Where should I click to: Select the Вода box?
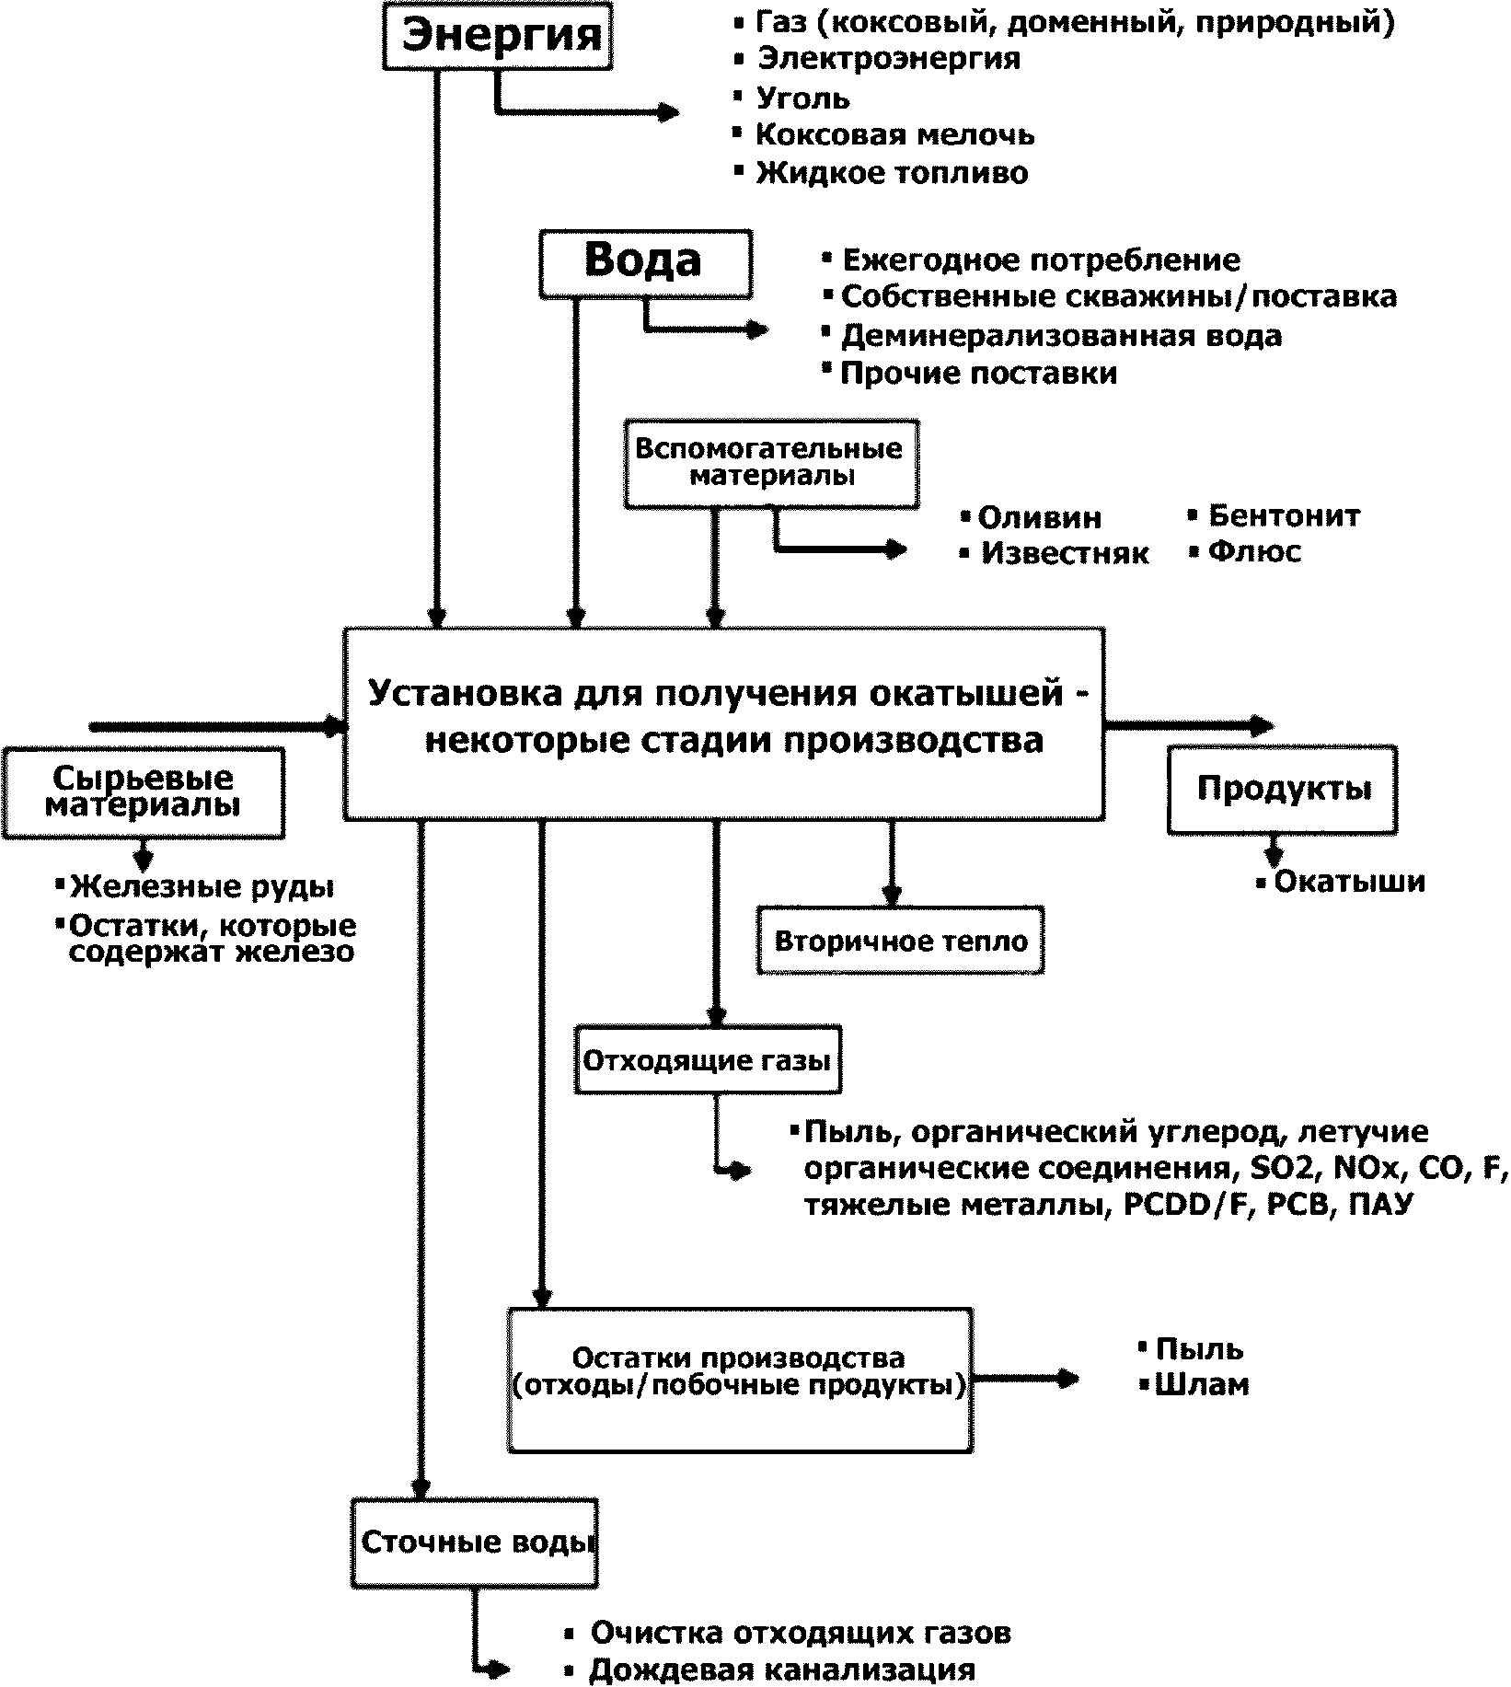click(x=644, y=263)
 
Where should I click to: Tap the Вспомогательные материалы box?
click(x=771, y=463)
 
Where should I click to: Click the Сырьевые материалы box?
click(x=143, y=792)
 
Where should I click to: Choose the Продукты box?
click(x=1283, y=789)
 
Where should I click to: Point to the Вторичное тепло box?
click(x=900, y=941)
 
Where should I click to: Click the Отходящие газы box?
click(x=707, y=1060)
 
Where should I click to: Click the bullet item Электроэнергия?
click(x=888, y=59)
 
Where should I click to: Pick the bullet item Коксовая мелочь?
click(x=894, y=135)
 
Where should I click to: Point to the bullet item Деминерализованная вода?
click(x=1061, y=336)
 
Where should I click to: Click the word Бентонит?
click(x=1284, y=515)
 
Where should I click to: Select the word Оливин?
click(x=1039, y=517)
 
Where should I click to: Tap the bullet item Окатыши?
click(x=1349, y=882)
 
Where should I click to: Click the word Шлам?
click(x=1202, y=1385)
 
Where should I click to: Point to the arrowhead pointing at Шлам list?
click(x=1067, y=1379)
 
